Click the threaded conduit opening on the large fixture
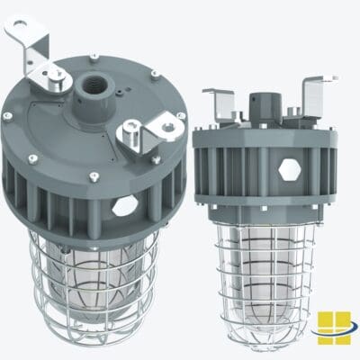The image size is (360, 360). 94,88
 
